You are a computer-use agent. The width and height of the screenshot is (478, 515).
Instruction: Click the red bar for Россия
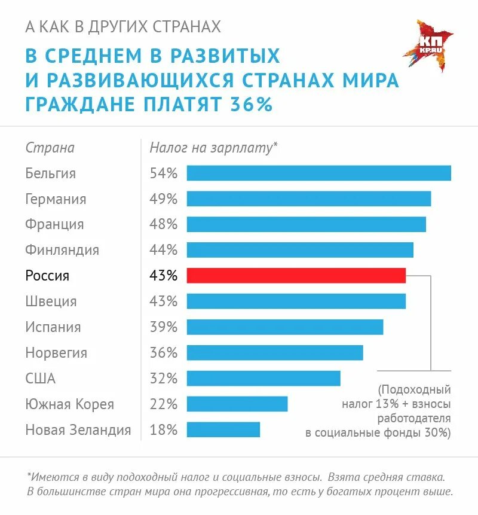296,275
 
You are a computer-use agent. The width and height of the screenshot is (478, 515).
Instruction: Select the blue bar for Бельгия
318,173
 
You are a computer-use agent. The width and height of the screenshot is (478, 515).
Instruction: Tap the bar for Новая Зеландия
223,429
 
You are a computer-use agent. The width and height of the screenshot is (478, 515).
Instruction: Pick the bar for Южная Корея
237,404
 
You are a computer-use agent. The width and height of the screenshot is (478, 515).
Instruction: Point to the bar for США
263,378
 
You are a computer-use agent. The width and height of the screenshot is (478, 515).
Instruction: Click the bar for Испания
284,327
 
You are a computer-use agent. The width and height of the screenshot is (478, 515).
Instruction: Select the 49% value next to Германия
163,199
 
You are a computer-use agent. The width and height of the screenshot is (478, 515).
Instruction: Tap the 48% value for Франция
163,224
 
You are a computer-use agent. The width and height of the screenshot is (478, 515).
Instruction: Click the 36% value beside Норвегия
163,353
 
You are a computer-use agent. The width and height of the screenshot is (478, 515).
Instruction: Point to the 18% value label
163,429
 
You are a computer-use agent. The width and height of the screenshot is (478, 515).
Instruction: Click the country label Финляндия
62,250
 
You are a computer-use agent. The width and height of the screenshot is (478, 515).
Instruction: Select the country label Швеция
51,301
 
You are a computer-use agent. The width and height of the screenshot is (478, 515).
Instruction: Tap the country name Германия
56,199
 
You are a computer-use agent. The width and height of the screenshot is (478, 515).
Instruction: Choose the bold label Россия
47,276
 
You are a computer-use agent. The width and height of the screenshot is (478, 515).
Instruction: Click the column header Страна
50,148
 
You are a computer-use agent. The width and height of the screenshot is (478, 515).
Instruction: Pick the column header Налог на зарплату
213,148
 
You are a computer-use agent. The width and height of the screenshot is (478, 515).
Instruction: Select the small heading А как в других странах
123,27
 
